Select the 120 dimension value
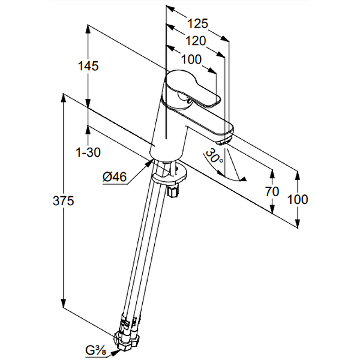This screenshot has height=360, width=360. coord(195,41)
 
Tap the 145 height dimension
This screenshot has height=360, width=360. coord(88,66)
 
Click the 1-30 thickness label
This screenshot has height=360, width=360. coord(89,153)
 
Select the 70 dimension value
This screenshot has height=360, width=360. coord(272,191)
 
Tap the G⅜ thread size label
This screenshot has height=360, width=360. coord(95,349)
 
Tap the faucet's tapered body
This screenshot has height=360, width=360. coord(166,130)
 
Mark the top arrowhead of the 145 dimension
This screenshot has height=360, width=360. coord(88,28)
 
